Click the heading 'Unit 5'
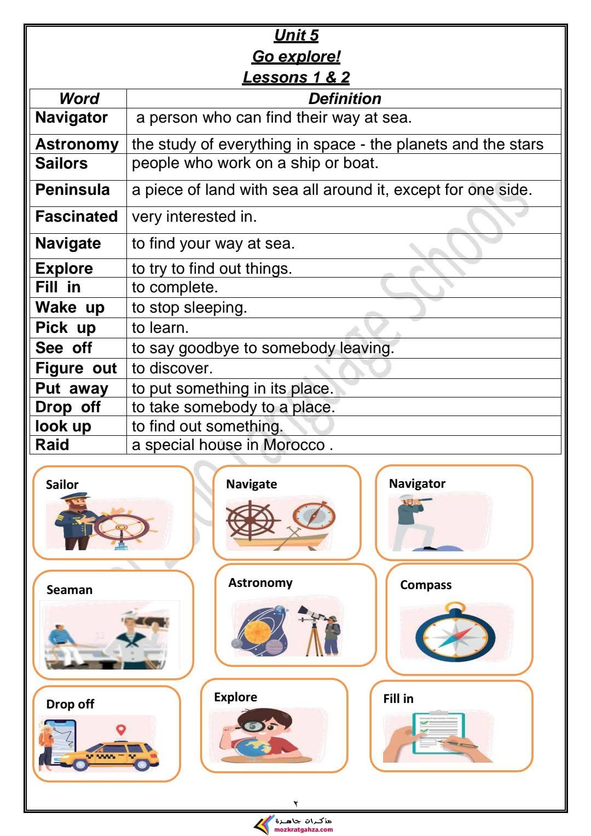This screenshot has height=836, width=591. [x=296, y=35]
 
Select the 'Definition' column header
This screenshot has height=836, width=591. [x=344, y=99]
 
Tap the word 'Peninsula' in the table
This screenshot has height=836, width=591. [x=72, y=190]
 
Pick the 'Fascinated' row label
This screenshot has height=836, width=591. [x=76, y=217]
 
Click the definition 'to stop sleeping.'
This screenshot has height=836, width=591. [x=189, y=308]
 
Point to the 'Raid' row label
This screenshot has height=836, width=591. [x=53, y=445]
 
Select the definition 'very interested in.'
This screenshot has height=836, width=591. [x=194, y=217]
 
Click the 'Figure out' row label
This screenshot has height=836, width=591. [x=76, y=368]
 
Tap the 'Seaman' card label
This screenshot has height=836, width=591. [x=69, y=590]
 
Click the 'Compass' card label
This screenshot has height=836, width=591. [x=426, y=585]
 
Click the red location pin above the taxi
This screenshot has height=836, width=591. [x=121, y=730]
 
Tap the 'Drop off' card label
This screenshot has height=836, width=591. [x=70, y=704]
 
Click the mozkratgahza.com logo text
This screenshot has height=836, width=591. [x=304, y=829]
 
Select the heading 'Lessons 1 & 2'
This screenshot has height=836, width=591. [x=296, y=77]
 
